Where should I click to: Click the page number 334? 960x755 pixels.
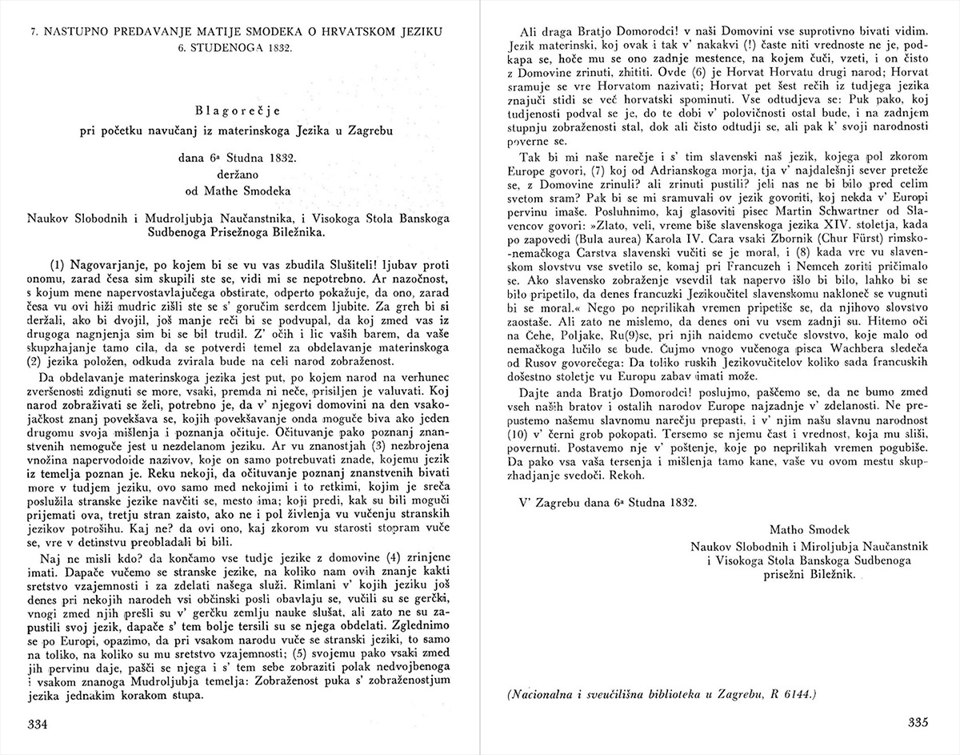click(x=39, y=725)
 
